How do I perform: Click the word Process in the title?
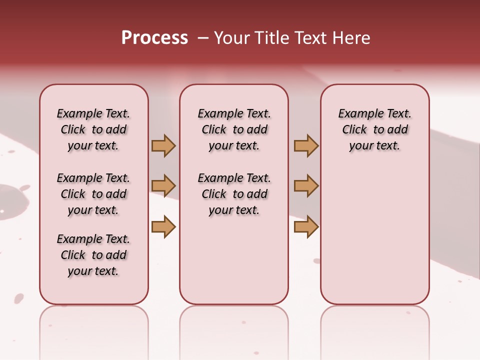[x=154, y=38]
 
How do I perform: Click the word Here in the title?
[x=351, y=38]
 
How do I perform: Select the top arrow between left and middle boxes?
[x=163, y=146]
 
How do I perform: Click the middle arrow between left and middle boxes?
[x=163, y=186]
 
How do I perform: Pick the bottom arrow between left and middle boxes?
[x=163, y=226]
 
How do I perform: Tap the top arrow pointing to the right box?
[x=306, y=146]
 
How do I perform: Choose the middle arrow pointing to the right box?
[x=306, y=186]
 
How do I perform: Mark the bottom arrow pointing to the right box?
[x=306, y=226]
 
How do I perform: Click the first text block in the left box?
[x=93, y=129]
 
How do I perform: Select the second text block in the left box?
[x=93, y=194]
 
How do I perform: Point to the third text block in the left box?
[x=93, y=255]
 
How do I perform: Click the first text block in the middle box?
[x=234, y=129]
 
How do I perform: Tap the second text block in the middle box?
[x=234, y=194]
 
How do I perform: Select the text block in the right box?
[x=374, y=129]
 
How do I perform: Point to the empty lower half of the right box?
[x=374, y=235]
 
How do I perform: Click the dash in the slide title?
[x=203, y=38]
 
